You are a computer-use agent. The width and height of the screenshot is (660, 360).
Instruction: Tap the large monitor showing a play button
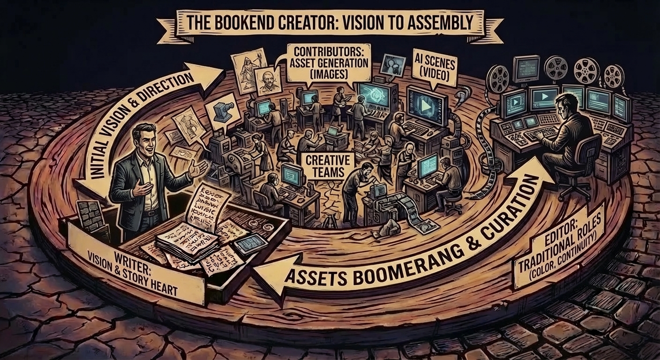pos(427,105)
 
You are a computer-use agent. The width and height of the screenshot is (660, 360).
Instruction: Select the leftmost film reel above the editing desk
pos(498,77)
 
